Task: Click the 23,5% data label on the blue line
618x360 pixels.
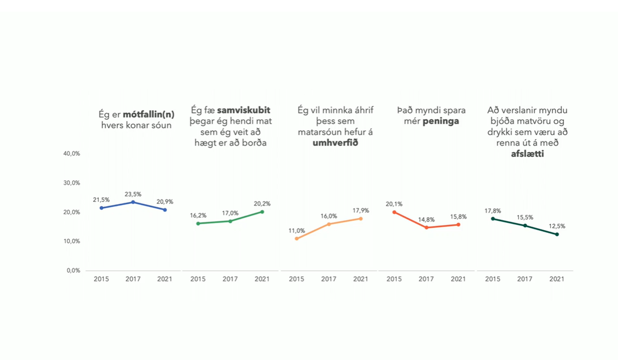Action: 133,194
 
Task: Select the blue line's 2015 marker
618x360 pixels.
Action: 101,208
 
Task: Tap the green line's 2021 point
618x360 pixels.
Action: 262,212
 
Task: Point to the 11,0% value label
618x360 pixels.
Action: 297,231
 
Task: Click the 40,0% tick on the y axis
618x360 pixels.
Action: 71,153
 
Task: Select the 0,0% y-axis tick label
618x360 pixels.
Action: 73,270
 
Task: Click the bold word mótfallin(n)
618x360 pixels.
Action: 148,115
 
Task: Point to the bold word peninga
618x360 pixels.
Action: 441,121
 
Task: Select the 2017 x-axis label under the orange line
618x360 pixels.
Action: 329,279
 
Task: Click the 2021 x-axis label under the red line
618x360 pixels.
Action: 458,279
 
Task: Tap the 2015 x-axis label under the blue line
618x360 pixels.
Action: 101,279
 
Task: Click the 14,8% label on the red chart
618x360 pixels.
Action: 426,220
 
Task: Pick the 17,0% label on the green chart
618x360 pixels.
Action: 230,213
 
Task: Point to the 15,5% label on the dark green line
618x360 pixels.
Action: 525,218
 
